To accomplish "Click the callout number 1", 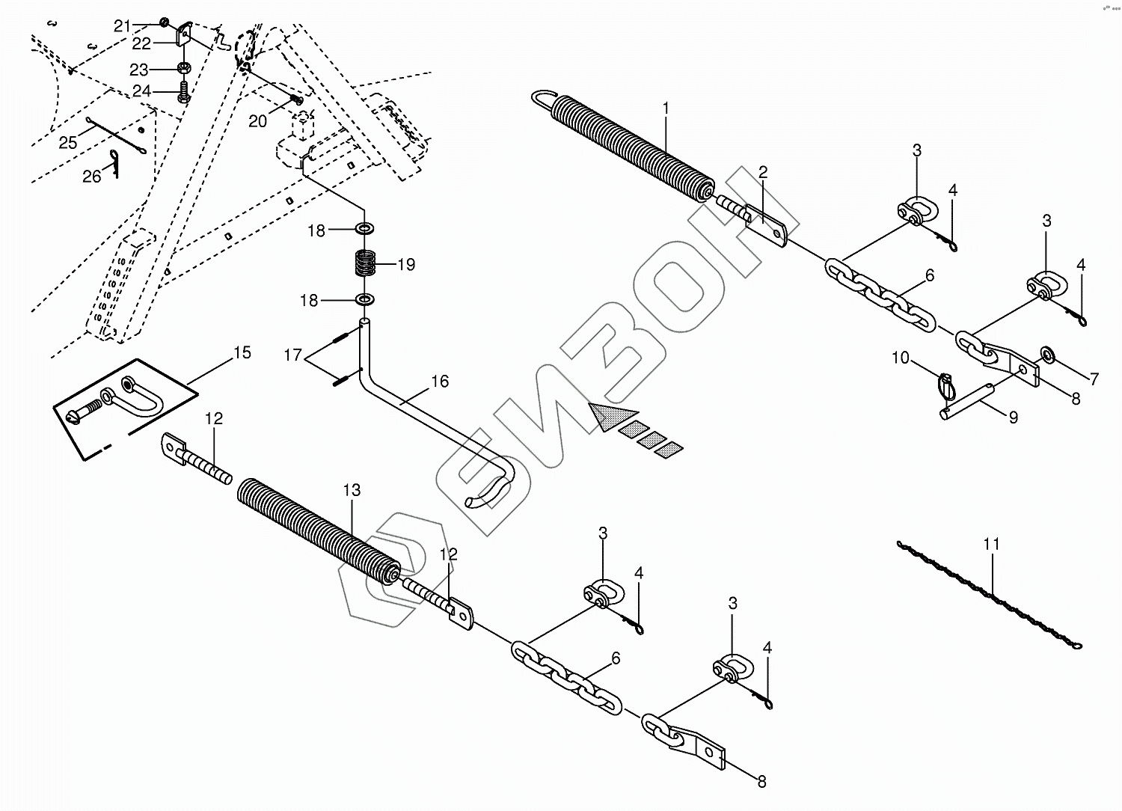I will (x=665, y=108).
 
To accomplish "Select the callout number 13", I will (x=352, y=490).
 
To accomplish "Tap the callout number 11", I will (x=991, y=545).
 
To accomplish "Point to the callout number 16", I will (x=440, y=382).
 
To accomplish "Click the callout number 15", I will (x=242, y=352).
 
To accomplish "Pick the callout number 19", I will (x=406, y=264).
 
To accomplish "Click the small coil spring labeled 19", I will (x=364, y=264).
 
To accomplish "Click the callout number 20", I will (x=257, y=121).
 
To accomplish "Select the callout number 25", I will (x=67, y=142).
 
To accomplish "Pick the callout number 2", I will (x=762, y=173).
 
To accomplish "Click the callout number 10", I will (x=900, y=358).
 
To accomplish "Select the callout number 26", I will (x=91, y=177).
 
